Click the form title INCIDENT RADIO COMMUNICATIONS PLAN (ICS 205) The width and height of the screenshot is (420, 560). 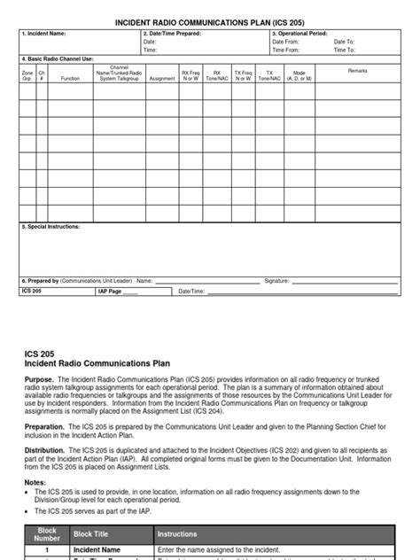pos(210,19)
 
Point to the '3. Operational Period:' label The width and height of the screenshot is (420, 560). pos(300,34)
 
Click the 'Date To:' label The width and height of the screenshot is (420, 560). pos(346,42)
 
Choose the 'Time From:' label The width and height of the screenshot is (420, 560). pos(285,51)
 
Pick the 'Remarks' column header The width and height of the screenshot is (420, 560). pos(358,70)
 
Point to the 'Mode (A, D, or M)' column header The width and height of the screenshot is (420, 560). pos(299,75)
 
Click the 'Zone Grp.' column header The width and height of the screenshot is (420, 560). pos(27,75)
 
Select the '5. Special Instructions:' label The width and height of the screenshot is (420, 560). pos(51,227)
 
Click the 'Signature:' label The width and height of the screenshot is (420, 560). pos(277,280)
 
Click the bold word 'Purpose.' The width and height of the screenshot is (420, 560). pos(39,377)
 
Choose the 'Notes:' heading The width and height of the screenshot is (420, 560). pos(35,482)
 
